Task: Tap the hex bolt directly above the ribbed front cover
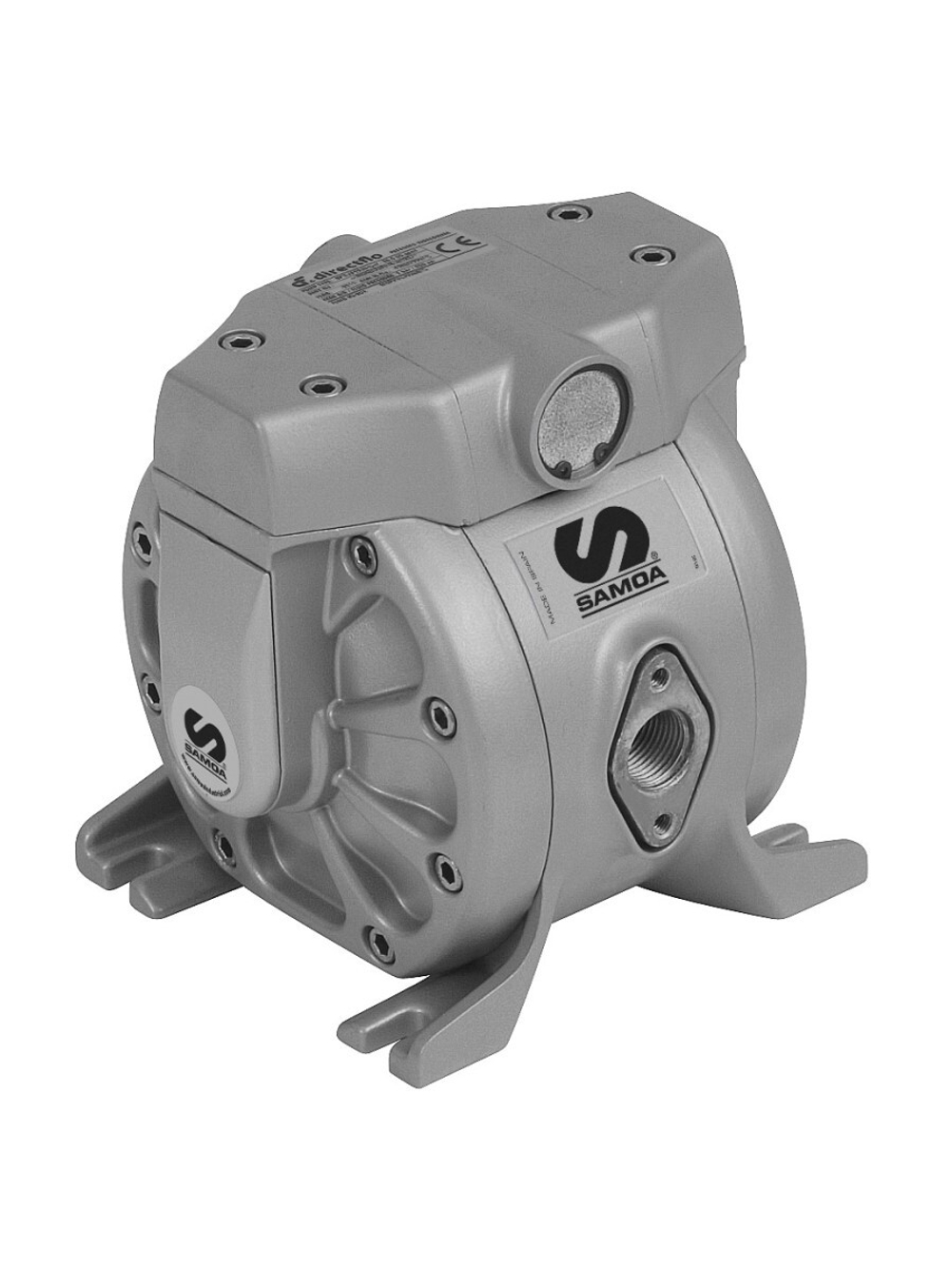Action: pyautogui.click(x=358, y=544)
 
